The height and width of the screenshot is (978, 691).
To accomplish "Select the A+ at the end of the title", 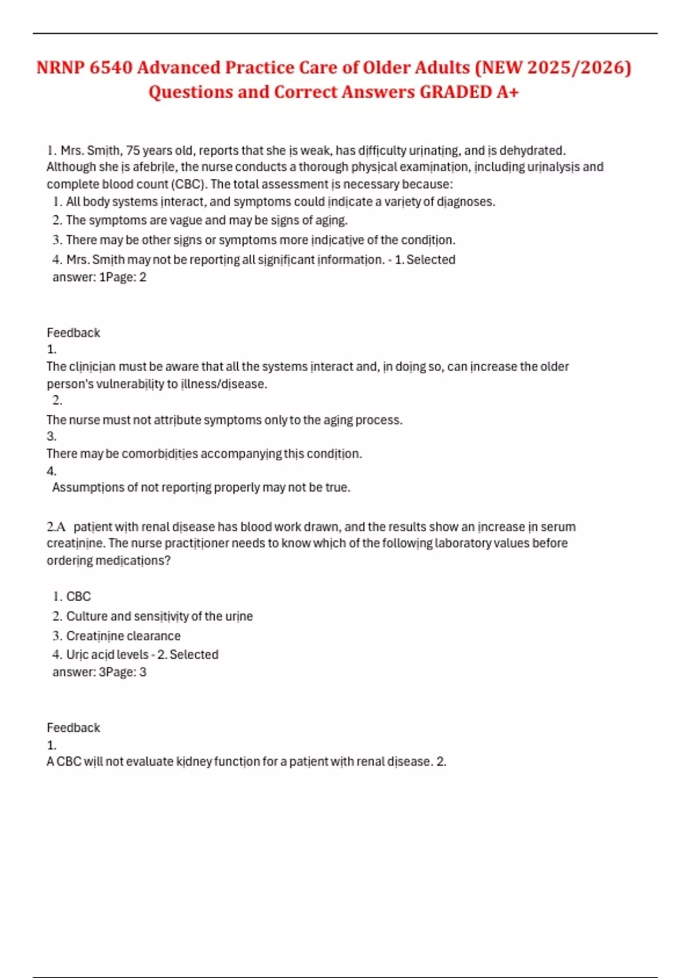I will click(x=507, y=92).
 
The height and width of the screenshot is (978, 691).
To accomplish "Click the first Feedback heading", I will click(x=73, y=333).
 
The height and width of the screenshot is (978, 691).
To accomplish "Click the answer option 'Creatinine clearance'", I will click(x=123, y=636).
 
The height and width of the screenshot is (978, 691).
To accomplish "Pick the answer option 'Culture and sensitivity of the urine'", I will click(x=160, y=617).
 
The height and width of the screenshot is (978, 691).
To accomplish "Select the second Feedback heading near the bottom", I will click(x=73, y=728).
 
